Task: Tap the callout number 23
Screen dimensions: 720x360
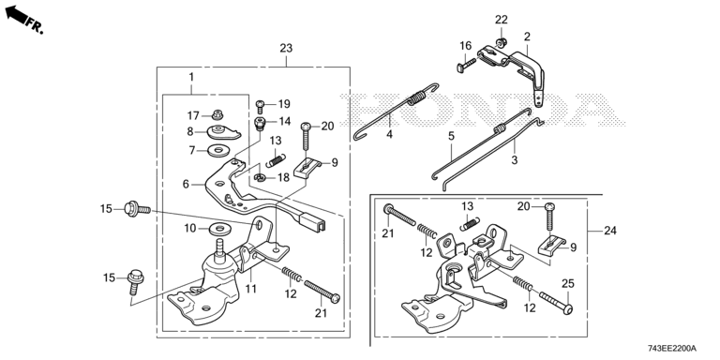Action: point(286,48)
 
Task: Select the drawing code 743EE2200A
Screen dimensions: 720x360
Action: point(672,349)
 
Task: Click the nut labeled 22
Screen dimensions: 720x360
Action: point(501,42)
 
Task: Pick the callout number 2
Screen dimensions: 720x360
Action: point(527,37)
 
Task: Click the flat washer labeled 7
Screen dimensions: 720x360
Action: point(217,150)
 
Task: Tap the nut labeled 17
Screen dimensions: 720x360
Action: point(217,114)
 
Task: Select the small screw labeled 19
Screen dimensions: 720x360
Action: point(260,107)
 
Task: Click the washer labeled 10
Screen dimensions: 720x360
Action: point(219,228)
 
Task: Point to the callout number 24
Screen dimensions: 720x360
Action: point(609,231)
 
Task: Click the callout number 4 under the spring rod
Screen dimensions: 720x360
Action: point(389,135)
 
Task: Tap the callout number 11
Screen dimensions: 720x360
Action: point(250,289)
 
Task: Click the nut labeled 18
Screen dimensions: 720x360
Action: point(259,178)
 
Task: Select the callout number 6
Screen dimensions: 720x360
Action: point(186,184)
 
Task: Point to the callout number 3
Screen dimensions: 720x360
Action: point(515,160)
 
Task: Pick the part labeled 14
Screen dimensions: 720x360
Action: point(261,124)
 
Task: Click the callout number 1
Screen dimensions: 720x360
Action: point(191,77)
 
